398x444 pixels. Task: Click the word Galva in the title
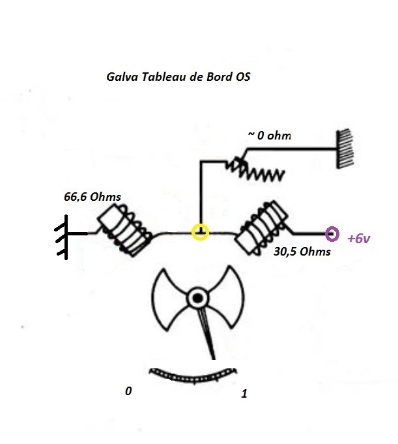[x=121, y=76]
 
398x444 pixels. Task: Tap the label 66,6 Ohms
[x=92, y=195]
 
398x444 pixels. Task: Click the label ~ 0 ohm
[x=269, y=136]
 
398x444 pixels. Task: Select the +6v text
[x=360, y=239]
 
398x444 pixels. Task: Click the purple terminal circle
[x=332, y=233]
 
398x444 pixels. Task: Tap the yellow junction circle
[x=201, y=232]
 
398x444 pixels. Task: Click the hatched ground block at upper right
[x=344, y=149]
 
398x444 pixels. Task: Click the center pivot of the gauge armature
[x=196, y=299]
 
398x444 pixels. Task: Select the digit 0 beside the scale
[x=128, y=391]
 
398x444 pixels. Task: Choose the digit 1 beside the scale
[x=244, y=394]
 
